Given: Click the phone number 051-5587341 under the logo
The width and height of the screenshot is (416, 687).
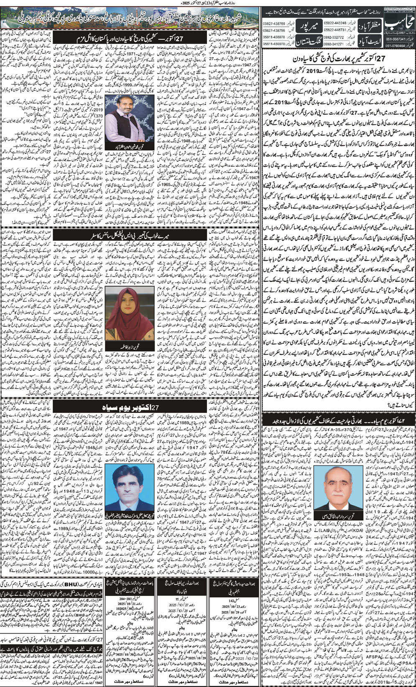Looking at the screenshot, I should click(x=390, y=38).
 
